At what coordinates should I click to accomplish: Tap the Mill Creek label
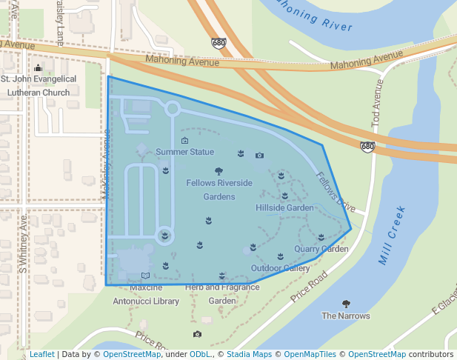pos(393,236)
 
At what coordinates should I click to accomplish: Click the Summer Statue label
pos(184,152)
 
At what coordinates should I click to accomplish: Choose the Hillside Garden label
pos(285,208)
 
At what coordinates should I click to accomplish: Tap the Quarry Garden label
pos(321,249)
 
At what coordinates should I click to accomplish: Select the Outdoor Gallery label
pos(280,268)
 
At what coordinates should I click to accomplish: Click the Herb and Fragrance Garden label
pos(221,294)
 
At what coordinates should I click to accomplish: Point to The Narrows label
pos(345,316)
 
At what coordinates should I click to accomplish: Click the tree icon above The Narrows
pos(345,304)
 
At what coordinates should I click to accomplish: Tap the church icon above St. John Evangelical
pos(39,68)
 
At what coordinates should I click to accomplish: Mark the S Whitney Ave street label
pos(24,245)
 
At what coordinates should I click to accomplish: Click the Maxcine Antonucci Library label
pos(146,294)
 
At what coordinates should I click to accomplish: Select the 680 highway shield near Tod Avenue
pos(367,147)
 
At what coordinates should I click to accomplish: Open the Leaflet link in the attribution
pos(41,354)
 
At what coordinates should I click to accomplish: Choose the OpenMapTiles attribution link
pos(310,354)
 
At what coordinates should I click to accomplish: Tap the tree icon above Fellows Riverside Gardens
pos(219,171)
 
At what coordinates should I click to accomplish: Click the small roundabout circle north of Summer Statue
pos(173,109)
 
